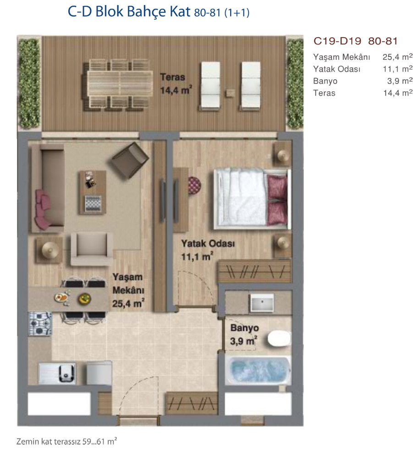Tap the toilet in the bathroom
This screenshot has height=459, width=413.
coord(279,339)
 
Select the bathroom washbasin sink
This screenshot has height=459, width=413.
coord(262,302)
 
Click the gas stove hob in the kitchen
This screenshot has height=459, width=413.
coord(40,324)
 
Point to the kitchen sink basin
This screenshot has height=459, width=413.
coord(66,373)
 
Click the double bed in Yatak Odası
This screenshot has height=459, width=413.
coord(252,199)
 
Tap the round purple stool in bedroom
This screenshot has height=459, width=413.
coord(194,185)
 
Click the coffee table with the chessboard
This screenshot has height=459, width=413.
coord(93,192)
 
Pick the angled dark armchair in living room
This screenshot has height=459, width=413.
coord(130,160)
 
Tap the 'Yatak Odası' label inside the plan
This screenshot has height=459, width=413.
coord(208,244)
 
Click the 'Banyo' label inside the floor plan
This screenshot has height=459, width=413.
coord(244,328)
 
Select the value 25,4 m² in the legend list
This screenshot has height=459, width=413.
coord(397,56)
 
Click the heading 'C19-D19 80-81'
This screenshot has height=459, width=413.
coord(355,41)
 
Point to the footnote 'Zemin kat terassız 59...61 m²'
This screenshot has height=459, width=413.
coord(66,441)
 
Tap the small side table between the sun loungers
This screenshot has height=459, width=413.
coord(230,93)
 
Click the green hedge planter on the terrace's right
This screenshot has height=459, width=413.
coord(294,84)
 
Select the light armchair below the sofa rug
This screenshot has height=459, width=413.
coord(92,249)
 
